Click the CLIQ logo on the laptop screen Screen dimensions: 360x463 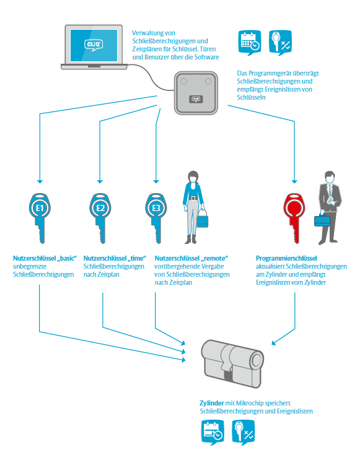94,45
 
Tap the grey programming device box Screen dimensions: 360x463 196,93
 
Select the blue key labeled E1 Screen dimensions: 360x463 40,219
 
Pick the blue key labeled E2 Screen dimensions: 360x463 100,219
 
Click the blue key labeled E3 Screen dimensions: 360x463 156,219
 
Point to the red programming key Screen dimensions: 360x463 294,219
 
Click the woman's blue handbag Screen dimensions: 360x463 203,219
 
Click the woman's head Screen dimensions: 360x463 193,176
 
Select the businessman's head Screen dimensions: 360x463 330,177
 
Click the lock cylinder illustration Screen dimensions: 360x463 232,363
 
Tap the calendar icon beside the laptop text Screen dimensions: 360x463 250,43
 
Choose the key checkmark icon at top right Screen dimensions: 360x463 280,43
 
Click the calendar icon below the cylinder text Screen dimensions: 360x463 213,433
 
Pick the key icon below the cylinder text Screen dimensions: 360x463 244,433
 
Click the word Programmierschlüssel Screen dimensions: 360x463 286,258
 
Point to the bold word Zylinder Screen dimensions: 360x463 212,404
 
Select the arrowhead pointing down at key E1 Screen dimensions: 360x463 40,181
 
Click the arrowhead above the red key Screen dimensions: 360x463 294,181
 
